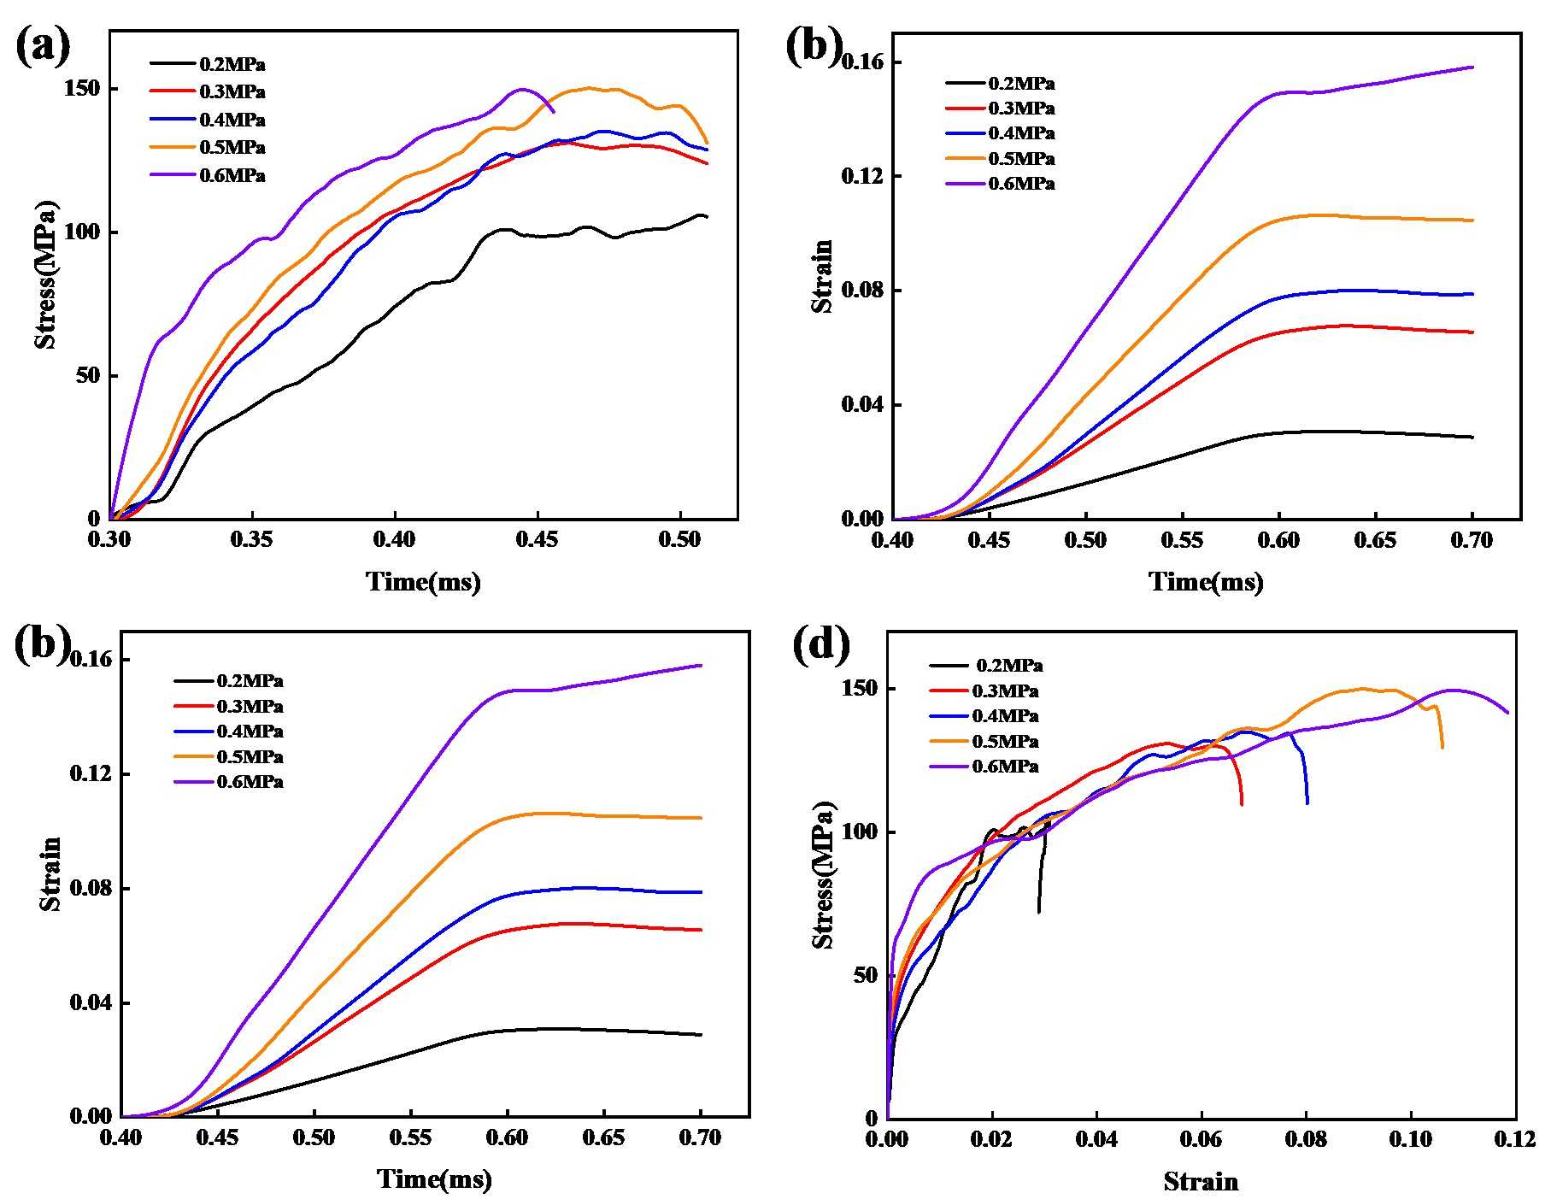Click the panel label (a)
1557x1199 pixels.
coord(43,47)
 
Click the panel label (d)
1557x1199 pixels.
coord(821,645)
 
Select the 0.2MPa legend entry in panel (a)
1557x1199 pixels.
coord(232,64)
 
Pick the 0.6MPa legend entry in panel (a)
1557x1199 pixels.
coord(232,176)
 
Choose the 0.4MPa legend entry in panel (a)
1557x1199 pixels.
coord(232,120)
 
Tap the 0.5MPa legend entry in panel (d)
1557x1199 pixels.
coord(1005,742)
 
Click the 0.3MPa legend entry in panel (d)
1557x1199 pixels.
coord(1005,691)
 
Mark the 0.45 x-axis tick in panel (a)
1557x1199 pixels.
coord(538,540)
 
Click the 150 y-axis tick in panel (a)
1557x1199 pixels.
coord(83,90)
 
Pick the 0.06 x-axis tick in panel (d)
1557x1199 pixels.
coord(1202,1139)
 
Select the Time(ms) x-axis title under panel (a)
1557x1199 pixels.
coord(423,582)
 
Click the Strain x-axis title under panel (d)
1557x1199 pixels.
coord(1201,1182)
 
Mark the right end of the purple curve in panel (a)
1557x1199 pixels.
coord(554,112)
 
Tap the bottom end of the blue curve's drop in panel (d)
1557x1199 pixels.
coord(1307,803)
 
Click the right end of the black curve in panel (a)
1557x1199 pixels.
coord(707,217)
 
